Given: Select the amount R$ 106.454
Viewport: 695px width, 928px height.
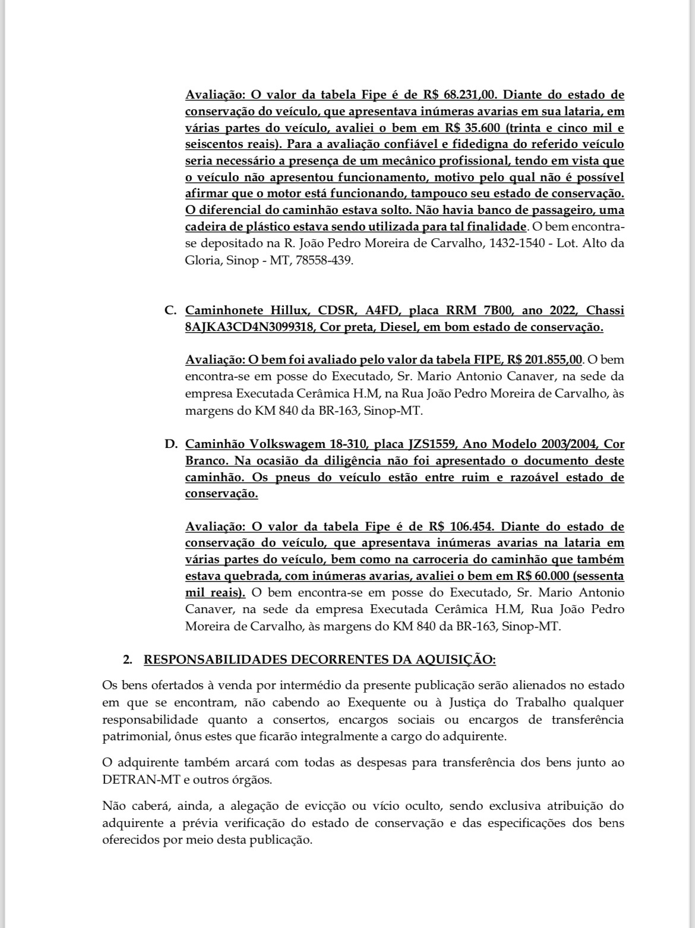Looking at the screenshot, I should coord(464,526).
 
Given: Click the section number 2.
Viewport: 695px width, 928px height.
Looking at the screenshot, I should coord(127,659).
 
